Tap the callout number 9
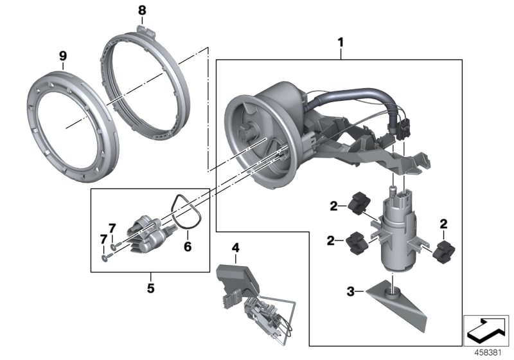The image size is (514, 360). pyautogui.click(x=63, y=57)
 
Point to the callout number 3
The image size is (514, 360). pyautogui.click(x=351, y=291)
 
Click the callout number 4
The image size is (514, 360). pyautogui.click(x=235, y=247)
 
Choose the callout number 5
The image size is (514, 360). pyautogui.click(x=150, y=288)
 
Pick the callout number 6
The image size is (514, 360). pyautogui.click(x=188, y=246)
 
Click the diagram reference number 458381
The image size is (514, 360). pyautogui.click(x=487, y=352)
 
